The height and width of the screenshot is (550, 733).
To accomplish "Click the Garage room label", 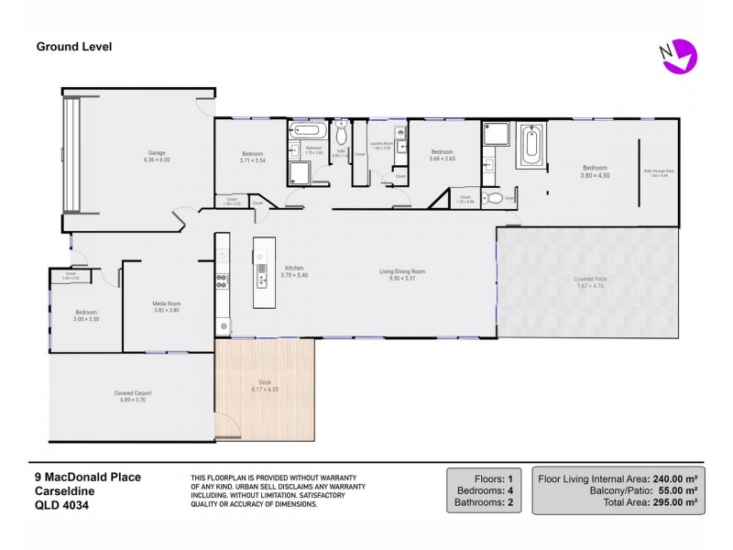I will tap(157, 155).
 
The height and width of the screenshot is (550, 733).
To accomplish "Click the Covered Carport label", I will tap(134, 393).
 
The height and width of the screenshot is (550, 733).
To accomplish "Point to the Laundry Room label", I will tap(382, 144).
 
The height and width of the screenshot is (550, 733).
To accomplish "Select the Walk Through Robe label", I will tap(662, 170).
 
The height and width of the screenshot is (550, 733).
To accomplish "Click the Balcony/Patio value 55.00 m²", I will tap(676, 490).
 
